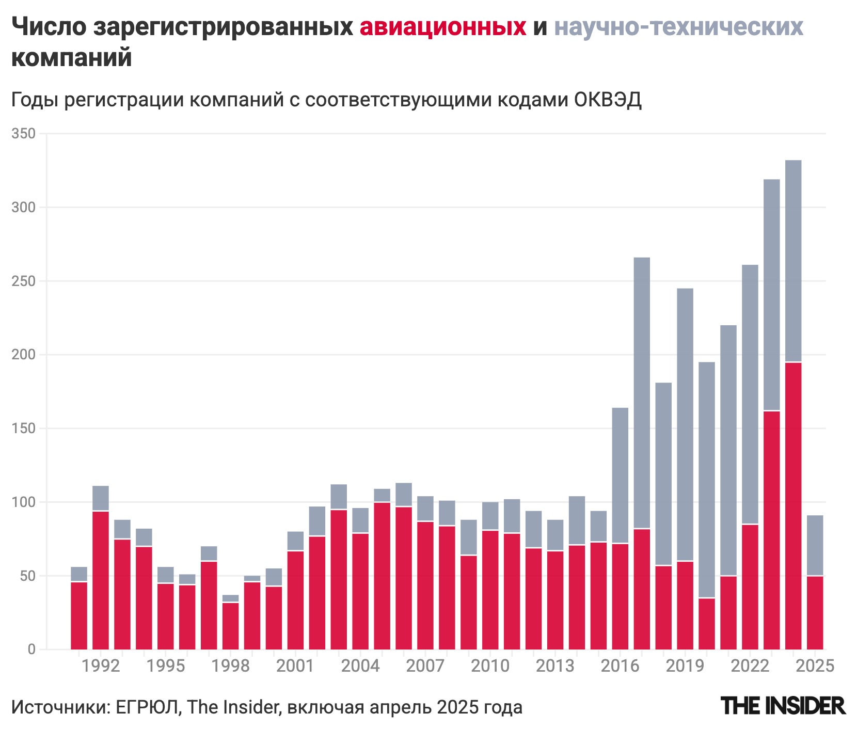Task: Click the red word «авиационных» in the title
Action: pyautogui.click(x=442, y=27)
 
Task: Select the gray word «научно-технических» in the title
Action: pyautogui.click(x=678, y=27)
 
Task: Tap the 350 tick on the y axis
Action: pyautogui.click(x=23, y=134)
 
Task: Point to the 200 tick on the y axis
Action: pyautogui.click(x=23, y=355)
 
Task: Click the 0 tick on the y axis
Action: pyautogui.click(x=31, y=649)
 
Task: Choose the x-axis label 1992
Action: pyautogui.click(x=101, y=666)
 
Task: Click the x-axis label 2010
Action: pyautogui.click(x=490, y=666)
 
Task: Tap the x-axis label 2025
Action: pyautogui.click(x=815, y=666)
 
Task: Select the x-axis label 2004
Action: pyautogui.click(x=360, y=666)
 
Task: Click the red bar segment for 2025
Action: pyautogui.click(x=815, y=613)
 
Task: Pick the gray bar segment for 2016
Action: pyautogui.click(x=620, y=475)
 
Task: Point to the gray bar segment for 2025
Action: pyautogui.click(x=815, y=545)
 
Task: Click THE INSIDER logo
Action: pyautogui.click(x=783, y=706)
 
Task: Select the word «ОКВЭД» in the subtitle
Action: pyautogui.click(x=608, y=99)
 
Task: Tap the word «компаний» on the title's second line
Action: pyautogui.click(x=71, y=58)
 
